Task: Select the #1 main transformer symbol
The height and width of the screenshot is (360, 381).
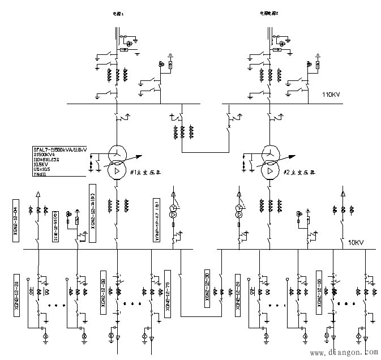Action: point(116,162)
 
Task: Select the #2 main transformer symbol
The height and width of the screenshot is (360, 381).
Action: point(269,162)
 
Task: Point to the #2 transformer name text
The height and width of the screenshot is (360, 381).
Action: point(299,172)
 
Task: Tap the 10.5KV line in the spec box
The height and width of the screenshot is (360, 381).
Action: point(42,165)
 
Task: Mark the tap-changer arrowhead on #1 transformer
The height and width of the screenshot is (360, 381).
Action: point(137,152)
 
